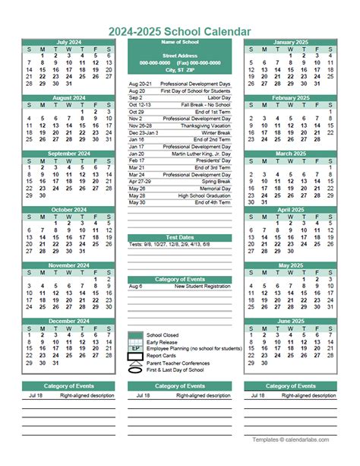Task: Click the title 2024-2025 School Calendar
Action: coord(180,30)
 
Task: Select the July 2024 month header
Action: coord(69,42)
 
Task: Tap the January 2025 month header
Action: coord(290,42)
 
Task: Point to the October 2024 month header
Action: coord(69,209)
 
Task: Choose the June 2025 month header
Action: coord(290,321)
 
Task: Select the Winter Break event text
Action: coord(215,132)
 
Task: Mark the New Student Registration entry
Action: coord(202,287)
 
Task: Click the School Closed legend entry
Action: coord(163,334)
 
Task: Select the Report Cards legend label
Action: coord(162,355)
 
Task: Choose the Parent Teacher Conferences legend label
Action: coord(179,362)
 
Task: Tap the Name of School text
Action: coord(179,41)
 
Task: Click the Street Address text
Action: coord(179,55)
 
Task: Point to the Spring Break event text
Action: coord(215,181)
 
